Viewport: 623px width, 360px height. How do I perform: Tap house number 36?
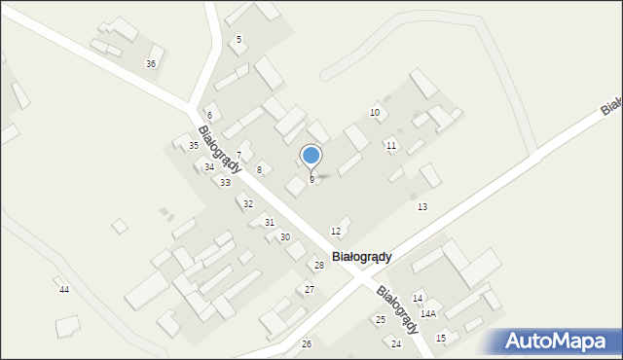tap(151, 63)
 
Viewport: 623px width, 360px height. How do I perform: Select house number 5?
tap(238, 39)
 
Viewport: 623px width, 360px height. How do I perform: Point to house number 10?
tap(375, 113)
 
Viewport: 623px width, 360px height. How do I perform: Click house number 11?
tap(390, 145)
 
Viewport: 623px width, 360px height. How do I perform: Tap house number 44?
tap(64, 290)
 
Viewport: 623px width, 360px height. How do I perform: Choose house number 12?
tap(336, 231)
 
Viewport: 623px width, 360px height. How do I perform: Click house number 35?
tap(194, 145)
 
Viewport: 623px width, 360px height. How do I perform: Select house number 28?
tap(318, 265)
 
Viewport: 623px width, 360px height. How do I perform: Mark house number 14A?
tap(428, 314)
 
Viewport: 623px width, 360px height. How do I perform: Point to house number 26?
tap(307, 344)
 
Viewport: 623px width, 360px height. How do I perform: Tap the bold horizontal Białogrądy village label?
tap(362, 257)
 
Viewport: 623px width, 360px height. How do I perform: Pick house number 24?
tap(396, 344)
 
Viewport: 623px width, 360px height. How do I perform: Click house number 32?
tap(248, 203)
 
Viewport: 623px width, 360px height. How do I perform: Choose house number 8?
tap(259, 170)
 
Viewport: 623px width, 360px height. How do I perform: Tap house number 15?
tap(441, 338)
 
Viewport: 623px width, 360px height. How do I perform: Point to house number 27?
tap(309, 289)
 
